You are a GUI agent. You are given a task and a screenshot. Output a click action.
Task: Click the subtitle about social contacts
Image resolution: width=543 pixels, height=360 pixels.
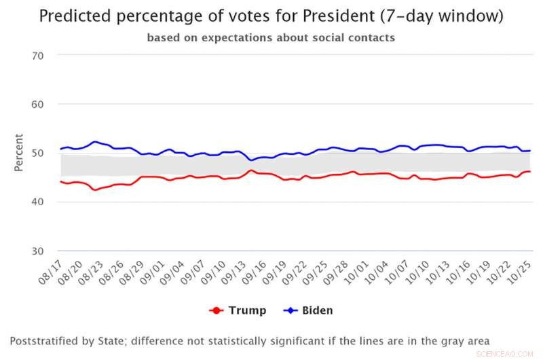271,38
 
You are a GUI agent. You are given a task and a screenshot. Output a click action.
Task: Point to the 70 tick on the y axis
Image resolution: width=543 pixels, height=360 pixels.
37,55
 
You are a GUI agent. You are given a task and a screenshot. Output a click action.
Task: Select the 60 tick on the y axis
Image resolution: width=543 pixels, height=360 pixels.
37,104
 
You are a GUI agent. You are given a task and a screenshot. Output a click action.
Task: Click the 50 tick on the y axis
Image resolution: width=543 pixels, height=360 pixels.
37,153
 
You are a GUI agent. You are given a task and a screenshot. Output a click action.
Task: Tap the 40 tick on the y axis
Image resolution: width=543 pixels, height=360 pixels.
37,202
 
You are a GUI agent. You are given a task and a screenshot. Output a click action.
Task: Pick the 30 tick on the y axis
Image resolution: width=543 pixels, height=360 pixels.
37,251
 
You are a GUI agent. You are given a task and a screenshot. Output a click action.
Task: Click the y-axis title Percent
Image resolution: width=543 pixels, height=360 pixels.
18,152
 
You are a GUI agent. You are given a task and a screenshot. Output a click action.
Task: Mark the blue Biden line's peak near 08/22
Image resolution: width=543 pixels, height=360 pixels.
94,142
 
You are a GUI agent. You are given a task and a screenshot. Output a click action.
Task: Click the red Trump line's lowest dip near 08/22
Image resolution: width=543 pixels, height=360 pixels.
95,190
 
